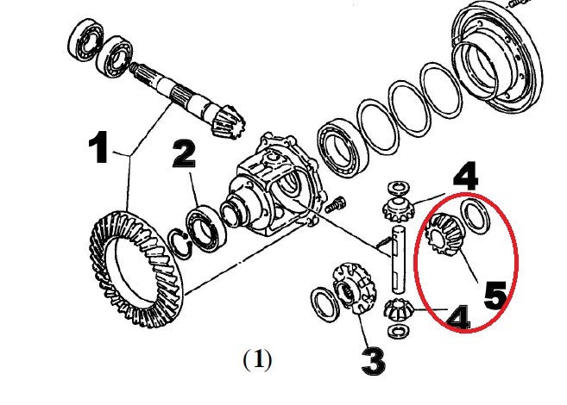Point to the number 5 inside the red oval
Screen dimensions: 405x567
(x=495, y=295)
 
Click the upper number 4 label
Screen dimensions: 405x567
(x=464, y=178)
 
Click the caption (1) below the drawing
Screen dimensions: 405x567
(x=256, y=358)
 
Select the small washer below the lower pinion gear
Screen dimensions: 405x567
(x=398, y=331)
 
